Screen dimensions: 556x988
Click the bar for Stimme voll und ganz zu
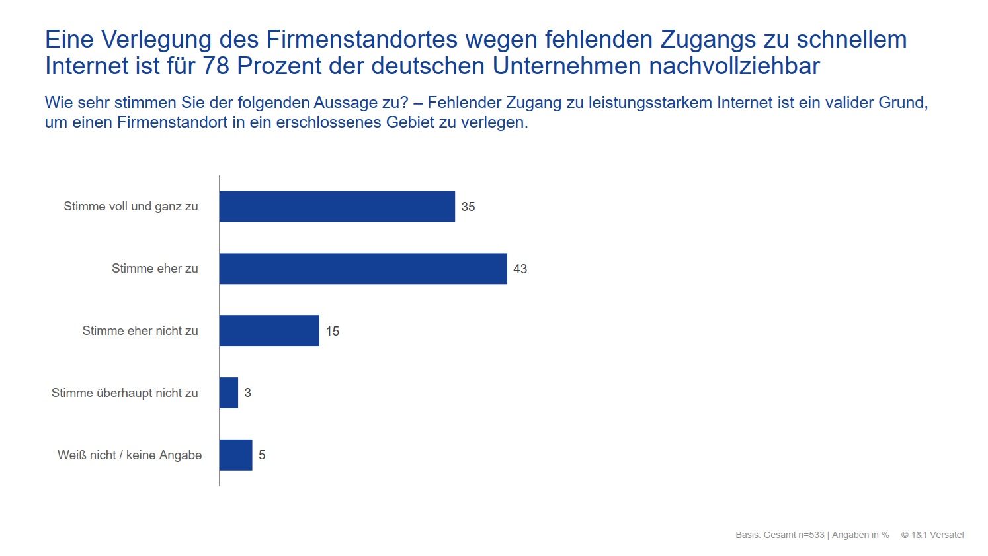click(x=337, y=207)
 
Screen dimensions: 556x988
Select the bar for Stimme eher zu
click(x=363, y=269)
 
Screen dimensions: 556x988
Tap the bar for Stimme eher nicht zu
click(x=269, y=331)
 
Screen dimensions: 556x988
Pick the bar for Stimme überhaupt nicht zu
click(x=229, y=393)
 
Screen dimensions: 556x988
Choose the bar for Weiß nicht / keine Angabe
click(x=236, y=455)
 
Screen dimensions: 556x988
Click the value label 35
click(x=468, y=207)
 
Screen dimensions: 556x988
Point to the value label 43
click(x=520, y=269)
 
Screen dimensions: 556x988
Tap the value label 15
click(x=332, y=332)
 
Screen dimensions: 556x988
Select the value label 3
click(x=248, y=393)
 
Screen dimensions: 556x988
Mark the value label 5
click(x=262, y=455)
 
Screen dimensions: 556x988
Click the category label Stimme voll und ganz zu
click(x=131, y=207)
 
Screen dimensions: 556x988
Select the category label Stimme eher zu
click(x=155, y=269)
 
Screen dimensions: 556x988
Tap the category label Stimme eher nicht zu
click(x=140, y=331)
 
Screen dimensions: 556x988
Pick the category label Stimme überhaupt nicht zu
click(x=125, y=393)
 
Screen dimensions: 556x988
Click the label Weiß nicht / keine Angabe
click(x=130, y=455)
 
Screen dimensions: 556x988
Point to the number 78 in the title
click(x=217, y=66)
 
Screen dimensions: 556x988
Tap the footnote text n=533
click(x=810, y=535)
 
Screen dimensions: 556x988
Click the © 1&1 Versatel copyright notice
click(x=932, y=535)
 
